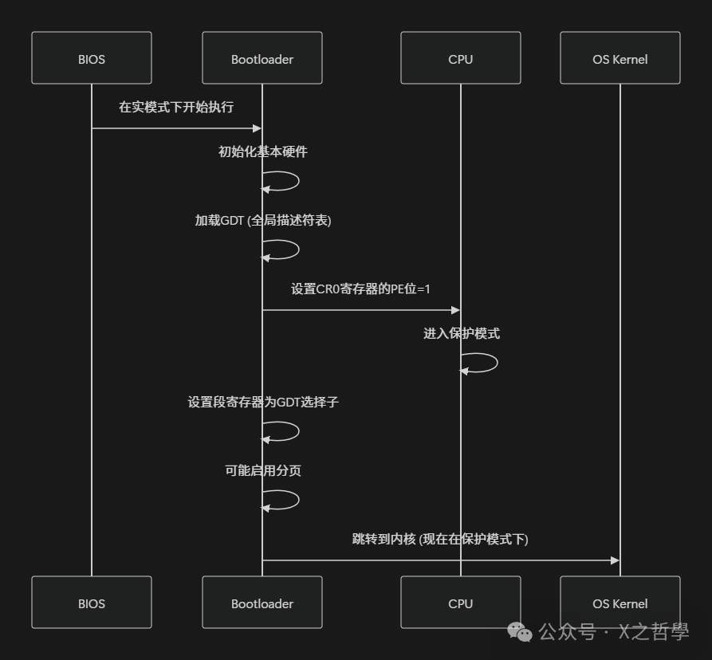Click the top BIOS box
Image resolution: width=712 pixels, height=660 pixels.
[x=92, y=58]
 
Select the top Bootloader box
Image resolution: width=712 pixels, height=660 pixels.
[x=262, y=58]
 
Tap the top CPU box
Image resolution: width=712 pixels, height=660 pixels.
[x=461, y=58]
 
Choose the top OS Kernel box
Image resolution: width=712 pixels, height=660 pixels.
[x=620, y=58]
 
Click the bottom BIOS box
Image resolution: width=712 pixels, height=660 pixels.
[x=92, y=603]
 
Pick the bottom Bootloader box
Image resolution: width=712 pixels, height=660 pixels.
[x=262, y=603]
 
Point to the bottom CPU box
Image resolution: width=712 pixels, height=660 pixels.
[x=461, y=603]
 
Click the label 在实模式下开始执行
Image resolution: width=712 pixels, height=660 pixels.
[x=176, y=107]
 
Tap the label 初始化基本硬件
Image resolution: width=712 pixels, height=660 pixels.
[x=262, y=151]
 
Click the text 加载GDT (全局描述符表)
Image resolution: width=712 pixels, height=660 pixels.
[x=262, y=221]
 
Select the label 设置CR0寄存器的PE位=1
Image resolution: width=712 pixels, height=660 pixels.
[x=360, y=289]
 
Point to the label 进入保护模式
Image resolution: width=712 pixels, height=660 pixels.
[x=462, y=333]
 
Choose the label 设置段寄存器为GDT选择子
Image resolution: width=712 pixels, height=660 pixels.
[x=262, y=403]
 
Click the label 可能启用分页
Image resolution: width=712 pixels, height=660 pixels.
[x=262, y=471]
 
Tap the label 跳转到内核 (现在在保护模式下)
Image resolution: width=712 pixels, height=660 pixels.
[x=440, y=539]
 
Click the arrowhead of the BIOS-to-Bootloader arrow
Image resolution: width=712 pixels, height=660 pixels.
[x=258, y=128]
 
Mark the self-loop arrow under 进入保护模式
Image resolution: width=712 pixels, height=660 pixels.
[x=481, y=363]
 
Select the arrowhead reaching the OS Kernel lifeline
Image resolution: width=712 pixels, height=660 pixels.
[x=615, y=560]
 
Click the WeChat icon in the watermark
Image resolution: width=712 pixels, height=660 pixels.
[x=521, y=633]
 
